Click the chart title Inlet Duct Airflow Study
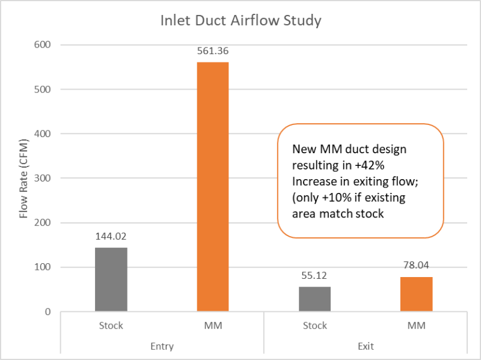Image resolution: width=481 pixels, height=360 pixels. (240, 21)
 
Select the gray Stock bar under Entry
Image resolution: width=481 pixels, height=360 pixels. (111, 279)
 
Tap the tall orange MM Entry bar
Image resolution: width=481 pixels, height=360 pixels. (213, 186)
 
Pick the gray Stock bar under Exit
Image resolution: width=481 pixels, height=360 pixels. (314, 299)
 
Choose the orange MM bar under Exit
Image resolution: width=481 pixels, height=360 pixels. (416, 294)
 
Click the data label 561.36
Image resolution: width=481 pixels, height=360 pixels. (213, 52)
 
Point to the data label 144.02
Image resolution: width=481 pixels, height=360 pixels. (111, 237)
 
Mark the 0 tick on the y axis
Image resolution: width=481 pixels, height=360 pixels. (47, 312)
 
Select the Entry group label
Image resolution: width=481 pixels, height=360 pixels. (162, 346)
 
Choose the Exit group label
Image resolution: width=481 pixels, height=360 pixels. (366, 346)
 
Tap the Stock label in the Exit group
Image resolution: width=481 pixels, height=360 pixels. (314, 326)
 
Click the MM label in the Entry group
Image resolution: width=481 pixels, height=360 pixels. (213, 326)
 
